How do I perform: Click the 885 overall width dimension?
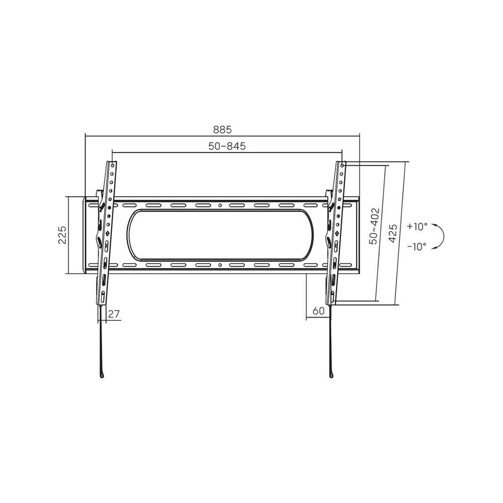click(x=222, y=130)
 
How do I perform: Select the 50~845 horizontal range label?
click(x=227, y=146)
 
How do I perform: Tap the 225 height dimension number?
click(x=62, y=235)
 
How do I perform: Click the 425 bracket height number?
click(x=393, y=233)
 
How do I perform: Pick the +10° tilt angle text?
click(x=417, y=226)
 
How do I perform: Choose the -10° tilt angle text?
click(x=416, y=246)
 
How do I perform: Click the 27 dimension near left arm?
click(x=114, y=314)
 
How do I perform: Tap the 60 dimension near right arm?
click(x=318, y=311)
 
